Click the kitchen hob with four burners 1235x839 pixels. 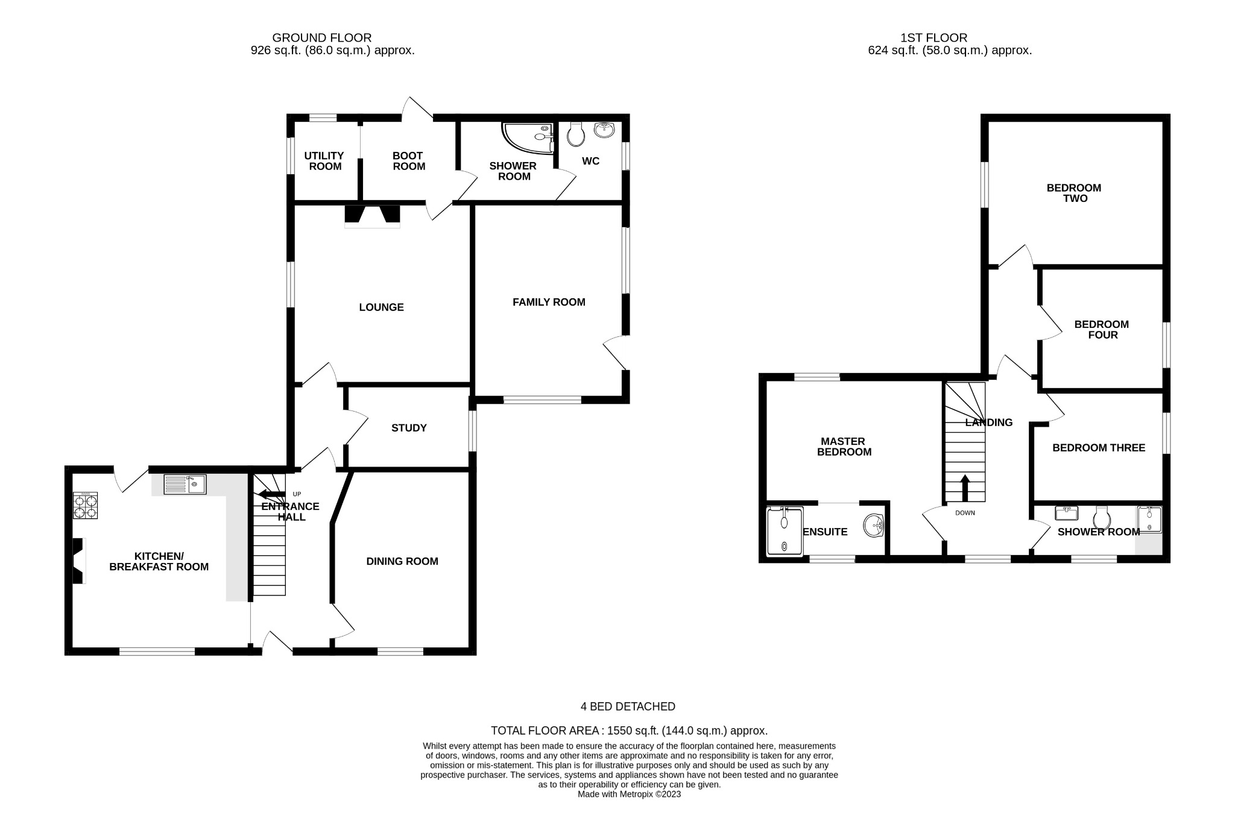(x=85, y=506)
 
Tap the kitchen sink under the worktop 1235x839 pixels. (x=185, y=485)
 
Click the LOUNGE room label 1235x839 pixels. (x=381, y=307)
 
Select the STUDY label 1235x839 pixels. (x=409, y=428)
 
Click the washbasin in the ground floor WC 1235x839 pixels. (x=604, y=130)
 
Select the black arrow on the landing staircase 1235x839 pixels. (x=965, y=488)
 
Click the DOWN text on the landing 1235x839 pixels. (x=965, y=514)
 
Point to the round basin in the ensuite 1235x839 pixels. (x=873, y=526)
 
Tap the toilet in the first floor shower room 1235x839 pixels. (x=1102, y=517)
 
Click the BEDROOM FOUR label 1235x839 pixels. (x=1101, y=330)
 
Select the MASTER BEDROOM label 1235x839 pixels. (x=844, y=447)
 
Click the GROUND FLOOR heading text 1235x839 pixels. (x=321, y=38)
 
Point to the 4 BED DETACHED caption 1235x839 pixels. (x=628, y=706)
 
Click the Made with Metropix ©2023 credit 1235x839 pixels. (x=629, y=794)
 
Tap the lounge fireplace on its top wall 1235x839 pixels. (x=372, y=216)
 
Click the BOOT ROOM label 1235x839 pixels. (x=408, y=161)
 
